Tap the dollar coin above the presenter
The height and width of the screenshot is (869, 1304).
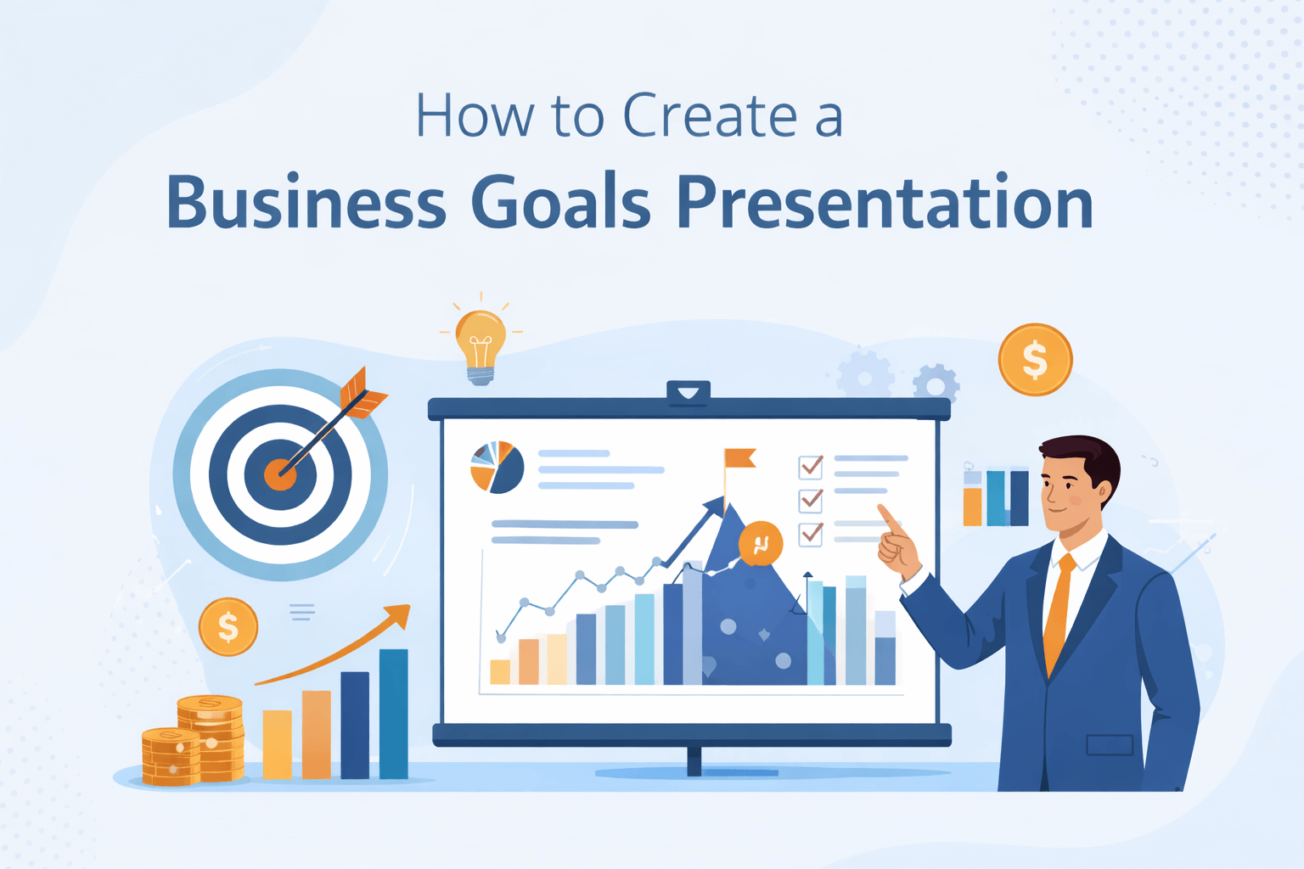pos(1035,360)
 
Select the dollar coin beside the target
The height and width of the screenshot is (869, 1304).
pos(228,627)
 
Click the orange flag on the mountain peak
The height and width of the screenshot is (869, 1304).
pos(739,458)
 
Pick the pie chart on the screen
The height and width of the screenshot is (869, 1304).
pos(497,467)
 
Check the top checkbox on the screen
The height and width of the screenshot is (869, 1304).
pos(811,466)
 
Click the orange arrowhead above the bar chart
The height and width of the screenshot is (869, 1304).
pos(397,614)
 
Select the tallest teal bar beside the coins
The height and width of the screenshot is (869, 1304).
pos(393,713)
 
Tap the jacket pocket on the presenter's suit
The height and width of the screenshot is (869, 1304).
pos(1110,745)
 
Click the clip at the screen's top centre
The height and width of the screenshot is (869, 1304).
pos(688,392)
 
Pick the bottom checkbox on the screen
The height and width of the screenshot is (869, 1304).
pos(811,533)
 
